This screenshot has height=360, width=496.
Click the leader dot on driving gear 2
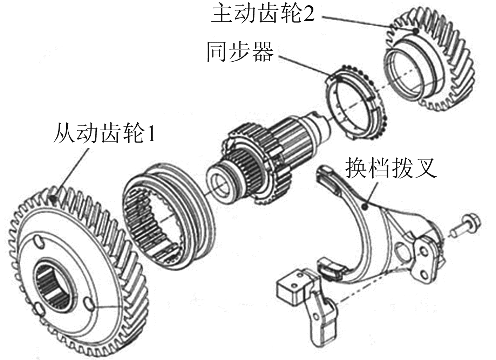(x=416, y=31)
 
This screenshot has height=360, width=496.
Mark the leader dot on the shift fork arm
(x=366, y=207)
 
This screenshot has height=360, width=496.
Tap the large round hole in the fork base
(x=402, y=252)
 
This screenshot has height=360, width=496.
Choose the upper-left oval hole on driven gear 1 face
(x=39, y=243)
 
